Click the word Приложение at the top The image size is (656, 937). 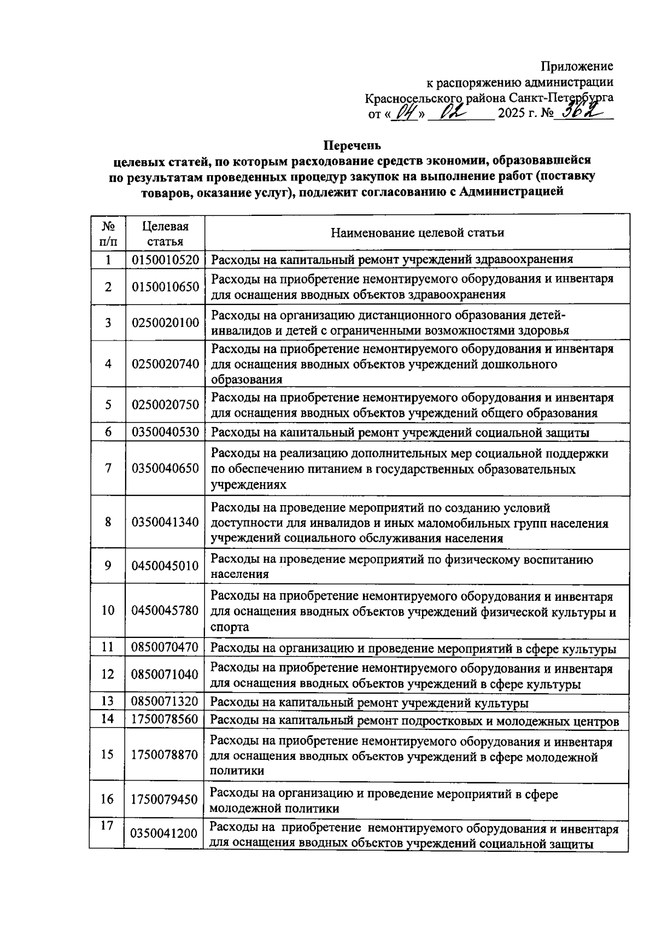coord(577,66)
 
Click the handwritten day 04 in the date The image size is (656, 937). coord(405,113)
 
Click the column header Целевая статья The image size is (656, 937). coord(165,233)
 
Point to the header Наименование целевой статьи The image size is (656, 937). coord(417,233)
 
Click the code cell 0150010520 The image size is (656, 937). coord(165,260)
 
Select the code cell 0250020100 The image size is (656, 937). coord(165,323)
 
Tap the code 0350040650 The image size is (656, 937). coord(165,468)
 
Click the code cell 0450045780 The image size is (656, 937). coord(165,610)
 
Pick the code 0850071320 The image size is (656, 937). coord(165,702)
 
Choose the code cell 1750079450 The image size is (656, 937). coord(165,800)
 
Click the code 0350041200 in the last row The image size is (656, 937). coord(165,834)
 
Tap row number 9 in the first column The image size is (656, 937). coord(108,566)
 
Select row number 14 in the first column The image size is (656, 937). coord(108,719)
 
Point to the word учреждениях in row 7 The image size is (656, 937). coord(248,485)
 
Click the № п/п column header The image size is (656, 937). coord(108,233)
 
